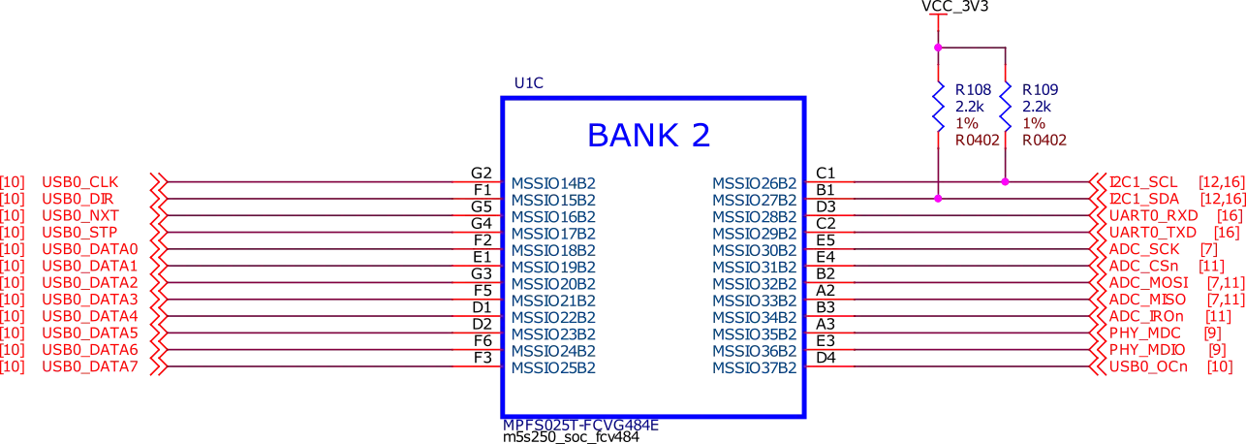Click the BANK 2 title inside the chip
[x=650, y=134]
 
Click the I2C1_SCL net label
[x=1142, y=181]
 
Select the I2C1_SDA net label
[x=1142, y=198]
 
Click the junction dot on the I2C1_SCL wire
[x=1005, y=181]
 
